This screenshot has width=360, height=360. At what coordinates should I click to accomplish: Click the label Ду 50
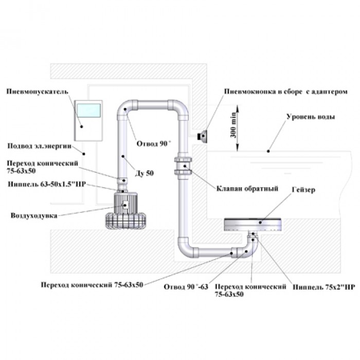(146, 173)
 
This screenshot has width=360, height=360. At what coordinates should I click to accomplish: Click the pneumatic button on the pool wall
(203, 135)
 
